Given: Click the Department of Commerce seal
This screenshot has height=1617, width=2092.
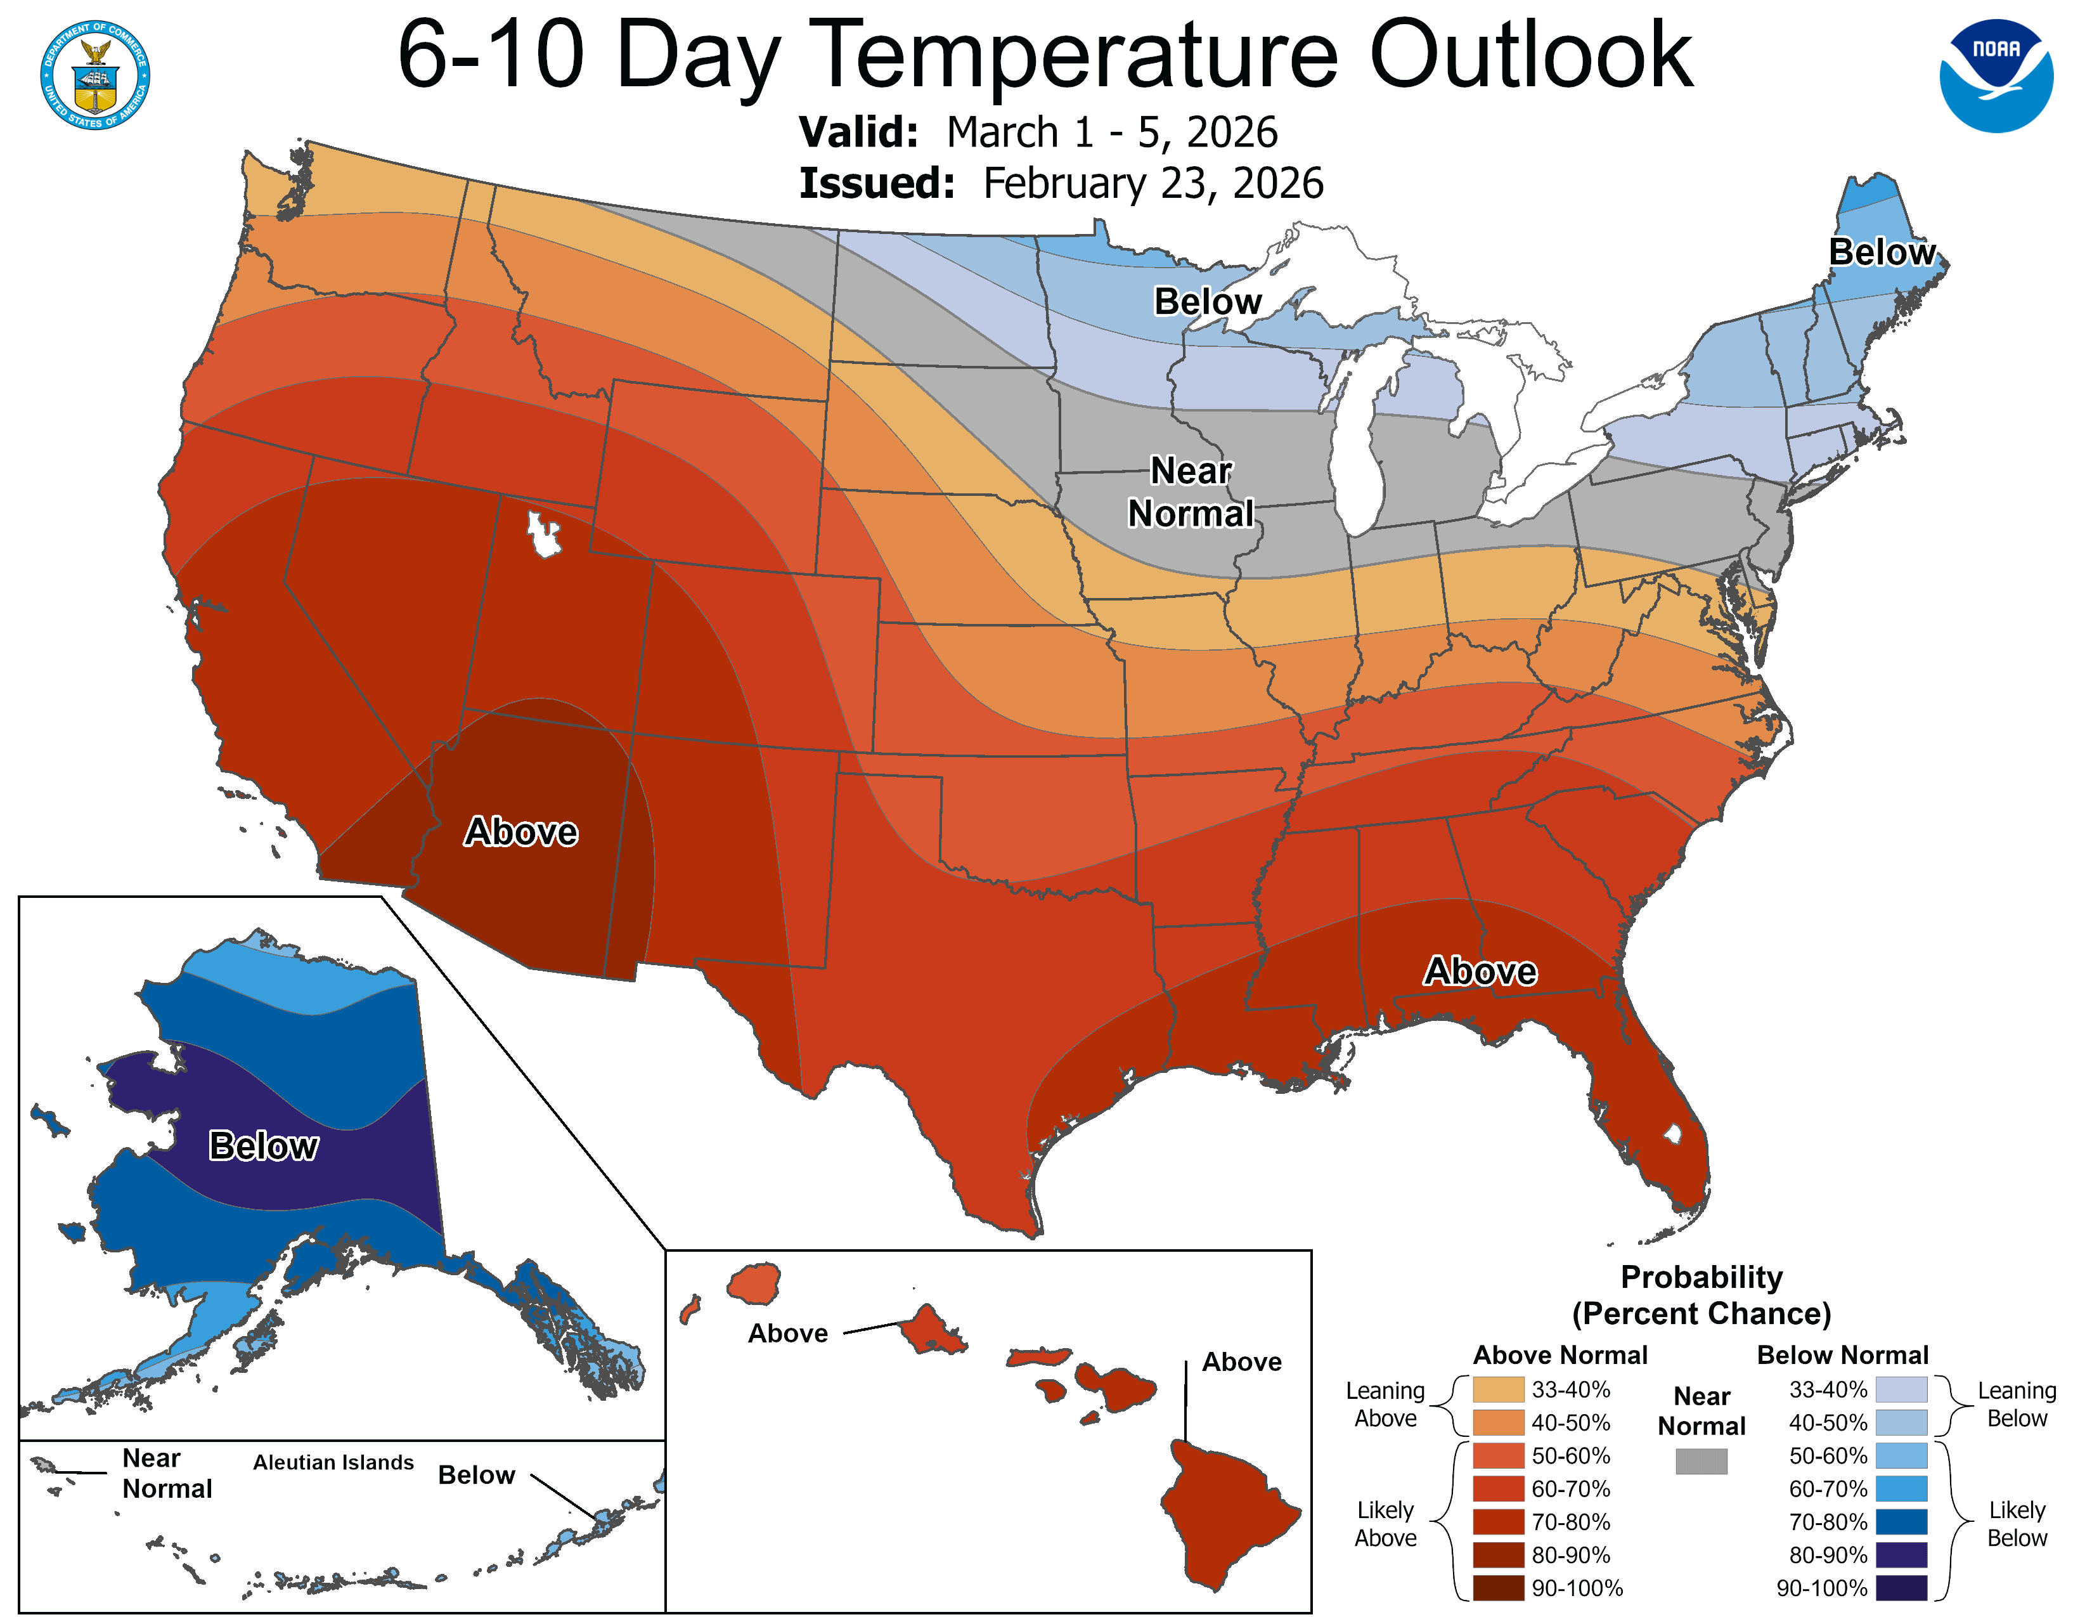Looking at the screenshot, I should click(x=95, y=75).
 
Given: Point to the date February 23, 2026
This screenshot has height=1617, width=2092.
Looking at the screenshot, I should click(x=1153, y=183).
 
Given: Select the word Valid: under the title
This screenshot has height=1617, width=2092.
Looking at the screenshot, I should click(x=858, y=132).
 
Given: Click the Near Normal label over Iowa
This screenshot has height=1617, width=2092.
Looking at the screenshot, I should click(x=1191, y=492).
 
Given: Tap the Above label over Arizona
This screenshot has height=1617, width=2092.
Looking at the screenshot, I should click(x=521, y=831).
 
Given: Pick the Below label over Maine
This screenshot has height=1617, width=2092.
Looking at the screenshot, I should click(x=1882, y=252).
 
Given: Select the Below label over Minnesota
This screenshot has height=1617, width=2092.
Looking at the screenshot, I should click(x=1207, y=302).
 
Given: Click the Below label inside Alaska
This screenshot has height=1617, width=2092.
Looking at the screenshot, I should click(x=264, y=1146).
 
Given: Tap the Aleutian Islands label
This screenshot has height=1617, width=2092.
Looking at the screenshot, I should click(x=333, y=1462).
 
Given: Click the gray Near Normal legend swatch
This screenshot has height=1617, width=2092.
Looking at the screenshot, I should click(x=1701, y=1461).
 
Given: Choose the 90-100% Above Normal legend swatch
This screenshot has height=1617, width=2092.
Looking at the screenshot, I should click(x=1498, y=1587).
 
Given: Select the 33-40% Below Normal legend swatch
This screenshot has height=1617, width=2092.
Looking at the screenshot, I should click(x=1901, y=1389).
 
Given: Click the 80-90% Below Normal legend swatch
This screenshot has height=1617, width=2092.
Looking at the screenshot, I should click(x=1901, y=1554).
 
